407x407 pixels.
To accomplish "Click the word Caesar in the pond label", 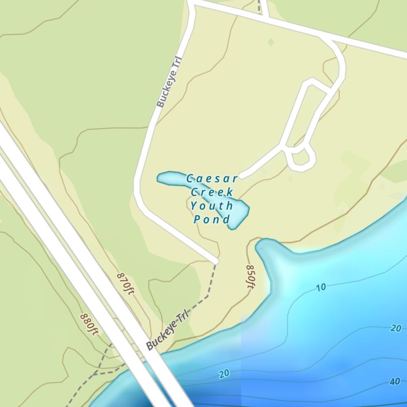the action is pos(212,178).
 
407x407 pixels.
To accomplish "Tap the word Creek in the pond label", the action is pos(212,192).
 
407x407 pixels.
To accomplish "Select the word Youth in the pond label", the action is pos(212,206).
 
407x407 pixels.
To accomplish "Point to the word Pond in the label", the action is pos(212,220).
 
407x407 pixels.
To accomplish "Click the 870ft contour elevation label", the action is pos(125,283).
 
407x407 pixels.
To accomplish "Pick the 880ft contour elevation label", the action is pos(89,324).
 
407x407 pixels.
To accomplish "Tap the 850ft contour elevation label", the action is pos(250,276).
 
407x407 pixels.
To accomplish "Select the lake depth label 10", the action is pos(321,287).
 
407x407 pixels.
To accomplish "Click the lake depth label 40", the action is pos(394,381).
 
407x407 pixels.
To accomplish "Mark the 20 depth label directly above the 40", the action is pos(396,328).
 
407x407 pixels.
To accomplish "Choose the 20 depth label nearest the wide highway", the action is pos(223,373).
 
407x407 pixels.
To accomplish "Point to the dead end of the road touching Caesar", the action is pos(242,176).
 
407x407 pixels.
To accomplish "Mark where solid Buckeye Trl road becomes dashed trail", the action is pos(216,261).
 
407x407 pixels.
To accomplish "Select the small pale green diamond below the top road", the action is pos(271,42).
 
